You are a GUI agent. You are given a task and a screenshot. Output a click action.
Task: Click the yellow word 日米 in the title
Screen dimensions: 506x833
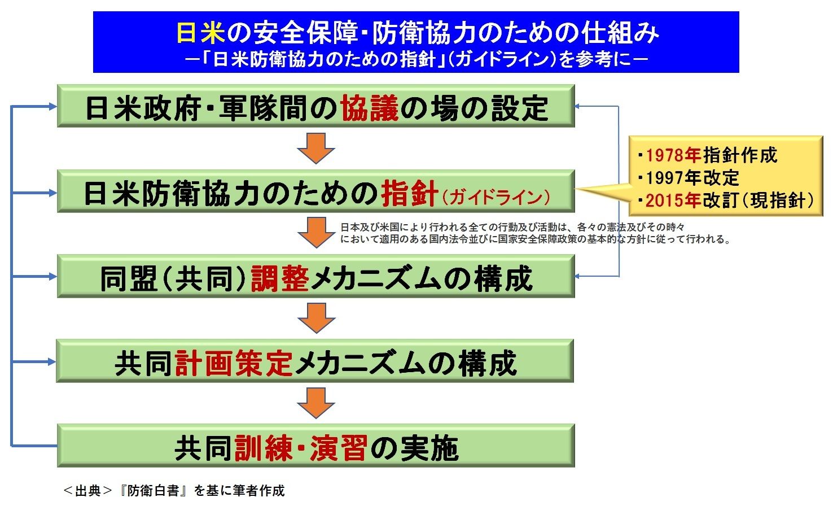[x=200, y=33]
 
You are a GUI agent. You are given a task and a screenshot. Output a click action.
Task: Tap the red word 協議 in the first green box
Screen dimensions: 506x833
[x=370, y=107]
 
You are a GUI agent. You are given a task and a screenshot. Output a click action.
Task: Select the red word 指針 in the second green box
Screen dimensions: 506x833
[x=409, y=193]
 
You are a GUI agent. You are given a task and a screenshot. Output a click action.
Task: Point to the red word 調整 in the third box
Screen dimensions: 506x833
[x=280, y=278]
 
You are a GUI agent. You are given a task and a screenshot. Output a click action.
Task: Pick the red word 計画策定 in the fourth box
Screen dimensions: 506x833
[x=234, y=363]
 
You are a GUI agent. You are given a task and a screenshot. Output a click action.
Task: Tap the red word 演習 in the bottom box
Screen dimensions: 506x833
[x=339, y=448]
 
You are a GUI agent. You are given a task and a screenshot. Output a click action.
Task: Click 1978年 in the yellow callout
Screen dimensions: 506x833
[x=673, y=155]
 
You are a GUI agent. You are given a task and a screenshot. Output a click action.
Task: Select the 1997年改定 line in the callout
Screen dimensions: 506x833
[x=692, y=178]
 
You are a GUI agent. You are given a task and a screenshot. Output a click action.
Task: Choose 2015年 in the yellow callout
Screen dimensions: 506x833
[x=673, y=200]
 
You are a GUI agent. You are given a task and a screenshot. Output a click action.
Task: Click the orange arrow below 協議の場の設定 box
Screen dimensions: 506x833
[x=316, y=148]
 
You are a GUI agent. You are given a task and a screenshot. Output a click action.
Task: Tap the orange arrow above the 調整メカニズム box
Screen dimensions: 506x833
[x=316, y=232]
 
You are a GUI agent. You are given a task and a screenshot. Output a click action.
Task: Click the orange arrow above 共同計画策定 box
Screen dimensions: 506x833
[x=316, y=318]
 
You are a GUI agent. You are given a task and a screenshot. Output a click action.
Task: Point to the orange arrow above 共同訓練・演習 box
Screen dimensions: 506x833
[x=316, y=403]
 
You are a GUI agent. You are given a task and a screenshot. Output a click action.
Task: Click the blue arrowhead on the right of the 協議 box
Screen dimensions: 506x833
[x=578, y=106]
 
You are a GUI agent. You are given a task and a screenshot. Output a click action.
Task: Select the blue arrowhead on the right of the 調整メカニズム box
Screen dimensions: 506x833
[x=578, y=276]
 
